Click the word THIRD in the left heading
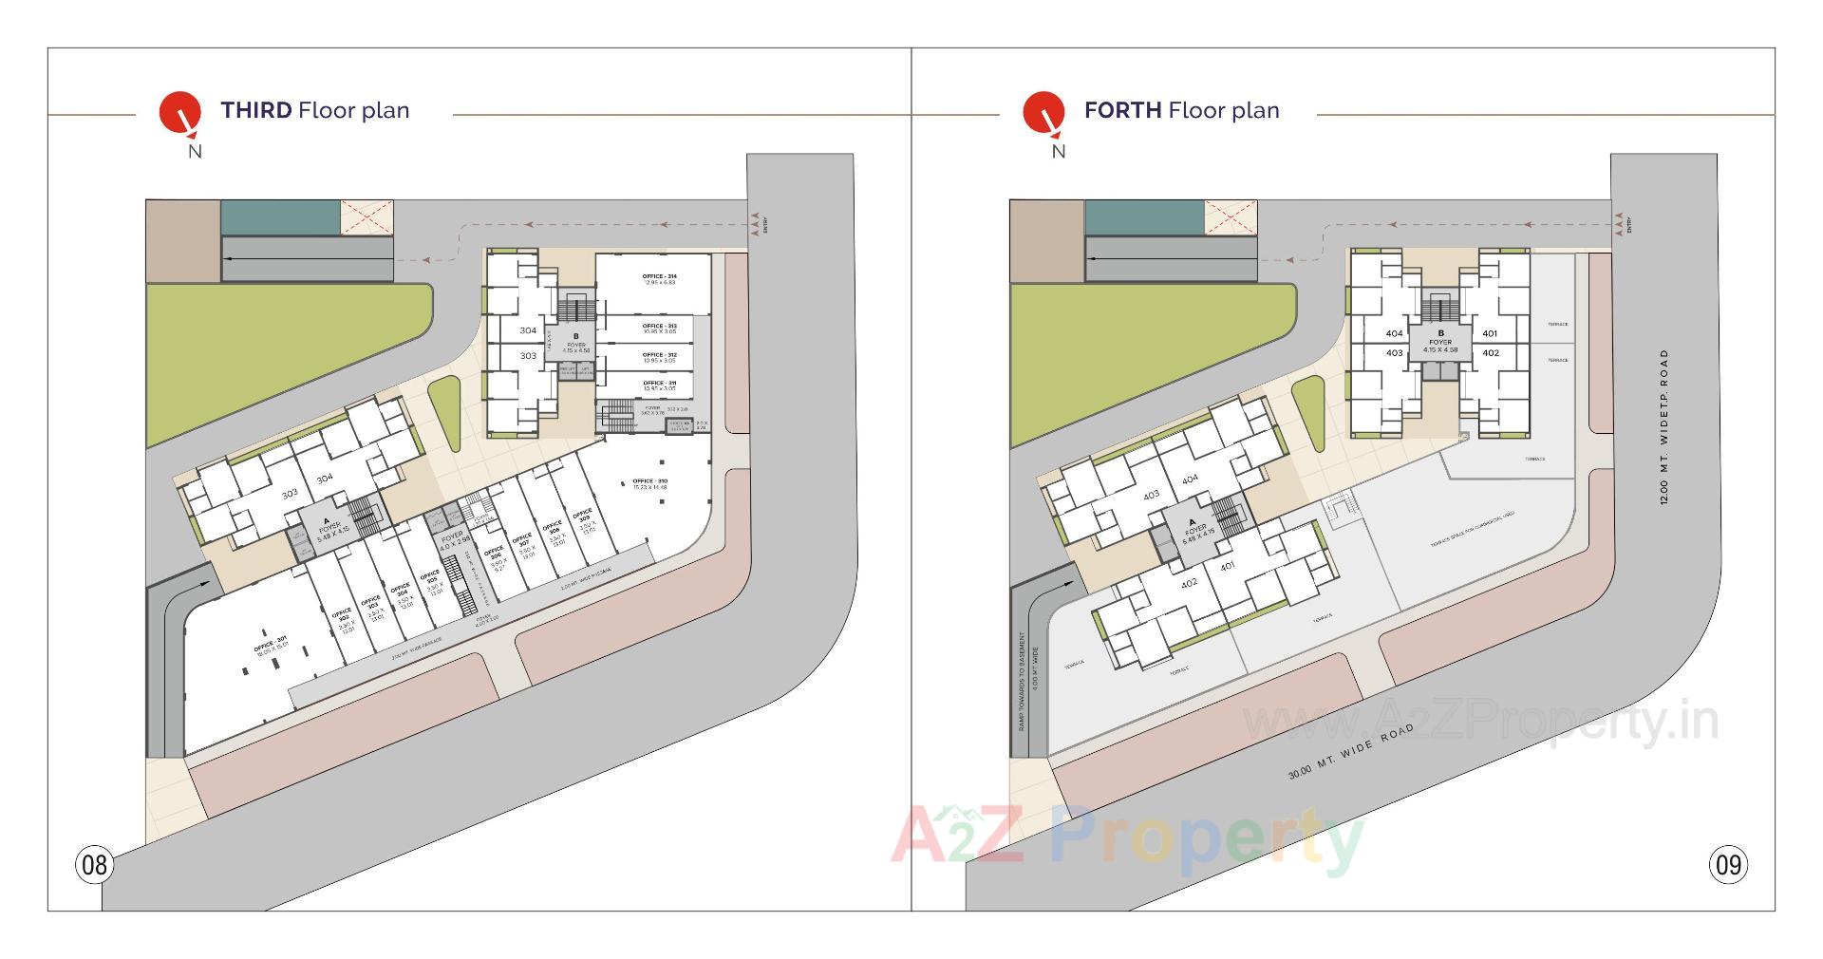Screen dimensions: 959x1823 click(256, 110)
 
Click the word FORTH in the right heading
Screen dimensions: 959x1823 click(1122, 110)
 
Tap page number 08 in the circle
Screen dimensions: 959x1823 click(94, 865)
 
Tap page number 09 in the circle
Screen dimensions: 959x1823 click(1728, 865)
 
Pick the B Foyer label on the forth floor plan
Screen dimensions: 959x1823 click(1440, 339)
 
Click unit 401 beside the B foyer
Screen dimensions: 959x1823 click(1490, 333)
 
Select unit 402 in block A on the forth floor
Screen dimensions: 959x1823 click(1189, 583)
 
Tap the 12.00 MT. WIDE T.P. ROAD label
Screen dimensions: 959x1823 click(1664, 426)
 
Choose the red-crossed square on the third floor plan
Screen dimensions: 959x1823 click(366, 216)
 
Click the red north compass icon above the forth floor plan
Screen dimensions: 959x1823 click(1043, 112)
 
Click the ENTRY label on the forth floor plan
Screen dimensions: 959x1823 click(1629, 226)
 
